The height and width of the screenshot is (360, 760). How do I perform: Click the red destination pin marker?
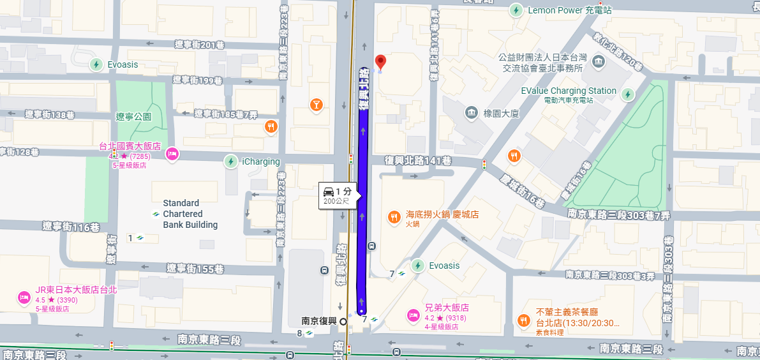click(381, 63)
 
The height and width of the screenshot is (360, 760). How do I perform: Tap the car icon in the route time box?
click(328, 191)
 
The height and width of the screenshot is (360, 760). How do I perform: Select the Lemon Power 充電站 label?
click(569, 10)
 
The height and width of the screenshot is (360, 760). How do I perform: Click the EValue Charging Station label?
click(569, 91)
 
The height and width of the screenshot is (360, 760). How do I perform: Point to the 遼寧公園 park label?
click(133, 117)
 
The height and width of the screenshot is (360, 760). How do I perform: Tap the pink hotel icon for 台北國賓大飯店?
click(171, 154)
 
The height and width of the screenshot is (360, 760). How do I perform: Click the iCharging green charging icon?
click(231, 161)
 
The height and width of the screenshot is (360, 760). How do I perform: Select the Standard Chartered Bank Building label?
click(190, 214)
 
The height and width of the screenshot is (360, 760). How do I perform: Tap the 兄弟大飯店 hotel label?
click(447, 307)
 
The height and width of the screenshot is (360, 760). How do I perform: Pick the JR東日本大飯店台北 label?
click(76, 289)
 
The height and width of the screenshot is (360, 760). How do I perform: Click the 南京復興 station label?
click(318, 320)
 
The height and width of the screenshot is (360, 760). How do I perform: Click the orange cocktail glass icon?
click(316, 105)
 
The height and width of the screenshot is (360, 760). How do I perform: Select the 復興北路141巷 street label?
click(417, 160)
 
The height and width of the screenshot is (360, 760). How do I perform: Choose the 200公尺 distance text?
click(336, 201)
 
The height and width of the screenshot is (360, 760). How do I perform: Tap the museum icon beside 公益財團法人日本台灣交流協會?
click(599, 63)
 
